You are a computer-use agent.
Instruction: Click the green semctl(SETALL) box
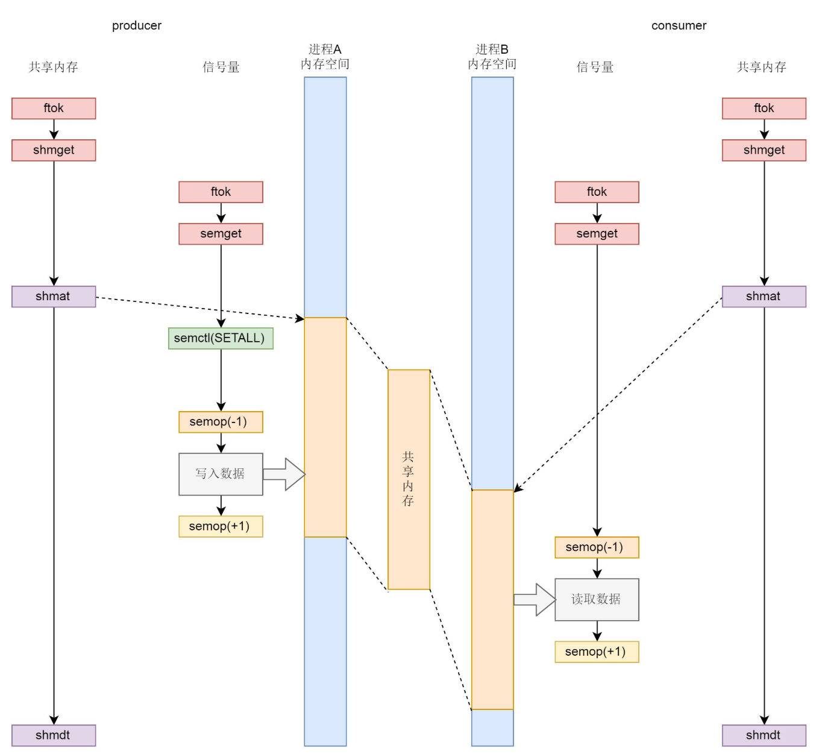tap(221, 338)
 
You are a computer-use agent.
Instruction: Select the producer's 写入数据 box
tap(221, 474)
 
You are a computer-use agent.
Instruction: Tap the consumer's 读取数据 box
tap(597, 600)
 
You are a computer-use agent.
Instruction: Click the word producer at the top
tap(137, 25)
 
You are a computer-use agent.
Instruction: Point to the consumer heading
tap(679, 25)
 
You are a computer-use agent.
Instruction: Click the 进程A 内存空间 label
tap(325, 57)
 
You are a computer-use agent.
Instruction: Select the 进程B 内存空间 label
tap(492, 57)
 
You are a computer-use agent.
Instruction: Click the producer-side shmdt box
tap(54, 735)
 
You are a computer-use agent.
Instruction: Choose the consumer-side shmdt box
tap(764, 735)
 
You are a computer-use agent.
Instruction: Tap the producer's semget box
tap(221, 234)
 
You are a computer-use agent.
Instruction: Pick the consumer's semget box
tap(597, 234)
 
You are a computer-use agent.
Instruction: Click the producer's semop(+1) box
tap(221, 526)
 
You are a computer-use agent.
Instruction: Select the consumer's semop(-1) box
tap(597, 547)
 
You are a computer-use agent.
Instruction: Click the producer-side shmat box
tap(54, 297)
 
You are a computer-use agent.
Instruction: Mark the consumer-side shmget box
tap(764, 150)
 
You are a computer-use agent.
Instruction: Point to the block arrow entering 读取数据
tap(535, 600)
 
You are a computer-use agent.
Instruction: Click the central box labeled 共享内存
tap(409, 479)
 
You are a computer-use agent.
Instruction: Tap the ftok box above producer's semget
tap(221, 192)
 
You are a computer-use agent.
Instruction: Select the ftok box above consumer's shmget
tap(764, 108)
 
